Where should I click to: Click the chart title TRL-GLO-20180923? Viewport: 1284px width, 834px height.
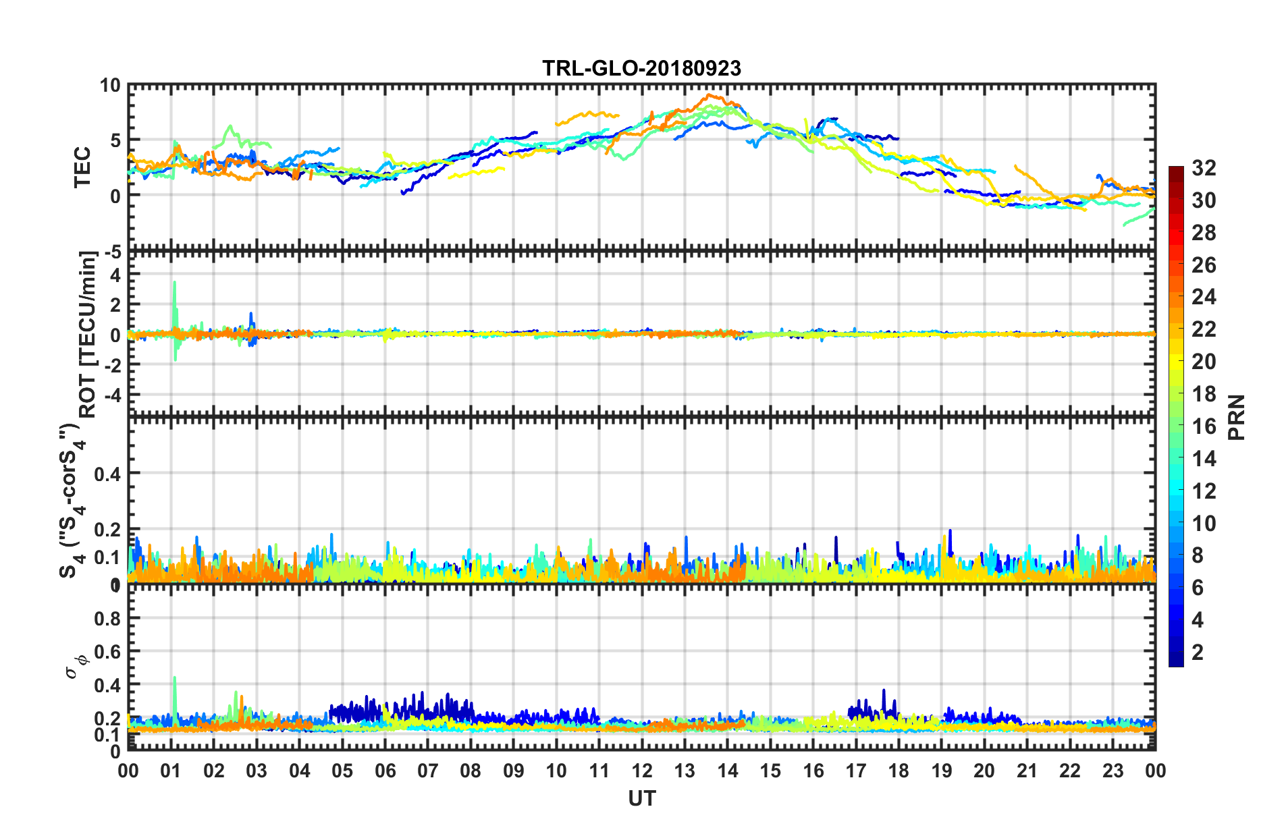641,68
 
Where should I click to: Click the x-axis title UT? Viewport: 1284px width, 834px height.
641,799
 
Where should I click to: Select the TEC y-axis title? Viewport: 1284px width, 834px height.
82,167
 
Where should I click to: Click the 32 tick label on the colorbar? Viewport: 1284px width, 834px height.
1204,168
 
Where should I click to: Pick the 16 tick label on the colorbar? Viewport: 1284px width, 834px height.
1204,426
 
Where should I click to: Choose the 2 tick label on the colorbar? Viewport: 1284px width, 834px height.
1198,652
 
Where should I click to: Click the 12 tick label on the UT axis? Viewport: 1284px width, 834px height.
642,771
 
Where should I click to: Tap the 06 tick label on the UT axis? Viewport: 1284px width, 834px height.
385,771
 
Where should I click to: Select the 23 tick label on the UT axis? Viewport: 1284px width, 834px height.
1113,771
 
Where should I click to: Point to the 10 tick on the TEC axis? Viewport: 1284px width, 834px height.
110,86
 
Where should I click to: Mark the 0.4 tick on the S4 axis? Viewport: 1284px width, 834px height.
107,474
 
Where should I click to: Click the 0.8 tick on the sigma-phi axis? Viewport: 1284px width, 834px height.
107,618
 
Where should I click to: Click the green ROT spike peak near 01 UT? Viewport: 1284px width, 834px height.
175,282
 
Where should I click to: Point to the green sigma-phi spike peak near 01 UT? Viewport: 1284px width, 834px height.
175,677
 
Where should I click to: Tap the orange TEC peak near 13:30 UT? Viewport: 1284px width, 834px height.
709,95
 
